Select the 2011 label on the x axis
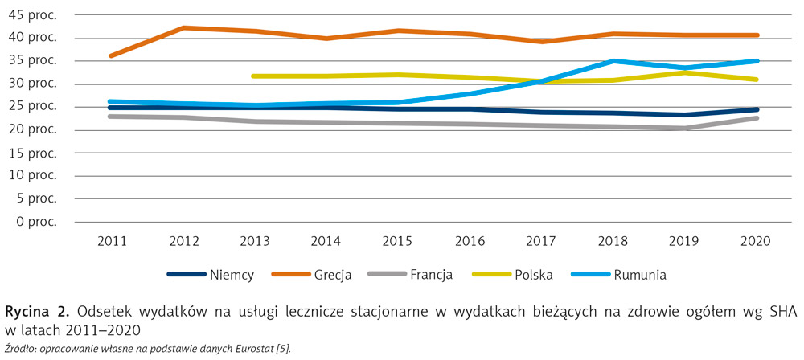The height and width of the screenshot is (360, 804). point(110,240)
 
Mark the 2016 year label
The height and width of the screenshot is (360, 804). point(470,240)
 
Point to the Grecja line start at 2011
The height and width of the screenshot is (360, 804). point(110,55)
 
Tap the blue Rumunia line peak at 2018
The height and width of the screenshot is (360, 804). point(613,60)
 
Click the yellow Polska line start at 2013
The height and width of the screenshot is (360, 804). point(254,76)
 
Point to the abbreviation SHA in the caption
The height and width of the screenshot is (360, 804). point(783,313)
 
